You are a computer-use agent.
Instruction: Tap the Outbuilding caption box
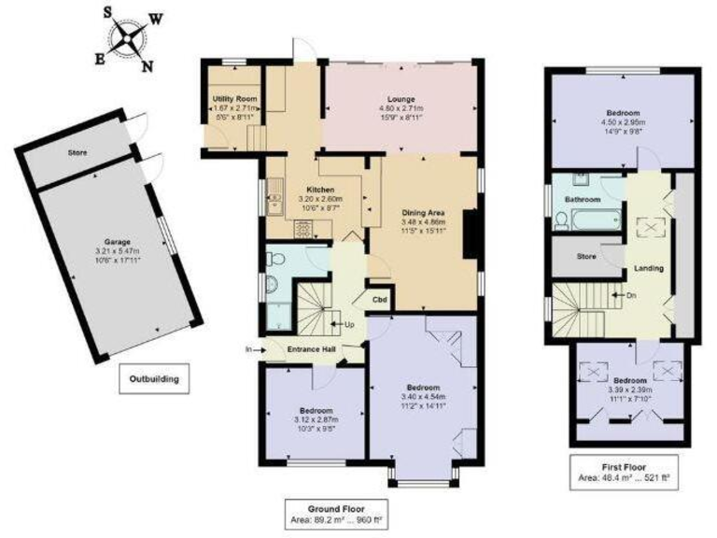(154, 379)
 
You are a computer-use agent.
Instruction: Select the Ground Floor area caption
(341, 512)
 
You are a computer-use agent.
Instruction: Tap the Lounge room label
(401, 99)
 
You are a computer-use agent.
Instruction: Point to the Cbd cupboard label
(380, 300)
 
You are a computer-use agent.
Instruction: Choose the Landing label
(649, 269)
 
